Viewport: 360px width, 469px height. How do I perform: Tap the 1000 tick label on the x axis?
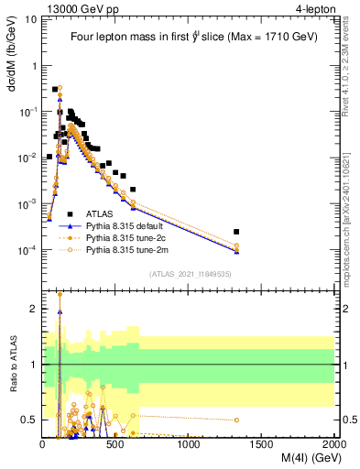pos(190,443)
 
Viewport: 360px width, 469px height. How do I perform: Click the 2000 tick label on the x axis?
pos(334,443)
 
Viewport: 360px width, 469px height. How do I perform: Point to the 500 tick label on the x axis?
pos(115,443)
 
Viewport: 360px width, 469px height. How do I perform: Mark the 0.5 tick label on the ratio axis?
pos(27,420)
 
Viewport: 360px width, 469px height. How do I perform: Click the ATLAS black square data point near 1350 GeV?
pos(236,232)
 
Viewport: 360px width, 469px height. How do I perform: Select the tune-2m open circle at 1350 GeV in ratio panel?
pos(236,420)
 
